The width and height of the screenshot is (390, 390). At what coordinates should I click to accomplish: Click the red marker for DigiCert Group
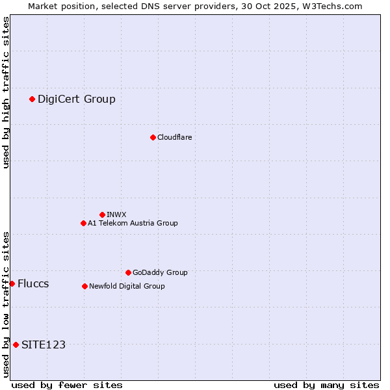click(x=32, y=99)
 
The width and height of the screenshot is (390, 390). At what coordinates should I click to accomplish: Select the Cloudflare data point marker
click(x=153, y=137)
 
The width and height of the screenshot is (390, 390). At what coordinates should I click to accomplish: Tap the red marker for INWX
click(x=102, y=214)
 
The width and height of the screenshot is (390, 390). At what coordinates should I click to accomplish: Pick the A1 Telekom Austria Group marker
click(x=83, y=223)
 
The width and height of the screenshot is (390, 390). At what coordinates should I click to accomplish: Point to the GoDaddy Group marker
click(x=128, y=272)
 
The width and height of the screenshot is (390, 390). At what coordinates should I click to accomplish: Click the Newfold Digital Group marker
click(x=84, y=286)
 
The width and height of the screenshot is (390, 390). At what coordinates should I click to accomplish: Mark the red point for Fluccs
click(x=12, y=283)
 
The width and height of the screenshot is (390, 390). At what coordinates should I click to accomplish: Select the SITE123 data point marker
click(x=16, y=344)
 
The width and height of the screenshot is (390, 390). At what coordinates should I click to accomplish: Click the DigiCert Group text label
click(x=77, y=99)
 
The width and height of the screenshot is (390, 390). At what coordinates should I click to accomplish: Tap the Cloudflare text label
click(x=175, y=137)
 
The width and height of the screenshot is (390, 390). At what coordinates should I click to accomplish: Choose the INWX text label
click(x=116, y=214)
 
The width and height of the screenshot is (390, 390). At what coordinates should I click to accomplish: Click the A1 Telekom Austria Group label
click(x=133, y=223)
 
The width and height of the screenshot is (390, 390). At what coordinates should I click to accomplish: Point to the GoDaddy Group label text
click(x=160, y=272)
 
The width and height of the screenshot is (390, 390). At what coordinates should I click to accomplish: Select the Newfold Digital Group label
click(x=127, y=286)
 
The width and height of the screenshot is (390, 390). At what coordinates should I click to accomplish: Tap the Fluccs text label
click(x=33, y=283)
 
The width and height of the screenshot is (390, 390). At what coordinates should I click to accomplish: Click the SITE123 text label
click(x=44, y=344)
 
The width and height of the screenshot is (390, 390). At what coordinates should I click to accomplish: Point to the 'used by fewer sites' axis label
click(x=67, y=385)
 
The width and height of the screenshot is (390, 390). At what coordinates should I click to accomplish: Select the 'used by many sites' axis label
click(x=326, y=385)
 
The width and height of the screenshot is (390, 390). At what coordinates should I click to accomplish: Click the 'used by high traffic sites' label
click(x=6, y=92)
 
